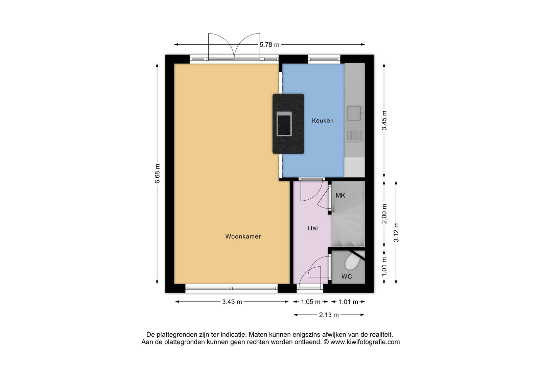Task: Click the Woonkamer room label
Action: pyautogui.click(x=243, y=237)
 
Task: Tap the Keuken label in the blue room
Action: pyautogui.click(x=323, y=120)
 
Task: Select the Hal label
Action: pyautogui.click(x=313, y=228)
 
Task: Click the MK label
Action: pyautogui.click(x=340, y=195)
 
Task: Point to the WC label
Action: pyautogui.click(x=347, y=276)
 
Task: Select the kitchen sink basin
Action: pyautogui.click(x=354, y=113)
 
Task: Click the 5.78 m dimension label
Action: pyautogui.click(x=269, y=45)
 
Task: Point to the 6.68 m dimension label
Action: pyautogui.click(x=158, y=174)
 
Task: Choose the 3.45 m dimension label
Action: pyautogui.click(x=384, y=120)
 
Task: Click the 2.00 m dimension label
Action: pyautogui.click(x=384, y=214)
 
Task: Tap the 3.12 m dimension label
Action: pyautogui.click(x=396, y=232)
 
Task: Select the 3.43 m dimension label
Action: pyautogui.click(x=232, y=302)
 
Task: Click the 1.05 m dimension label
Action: pyautogui.click(x=311, y=302)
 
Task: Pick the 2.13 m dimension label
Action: pyautogui.click(x=329, y=315)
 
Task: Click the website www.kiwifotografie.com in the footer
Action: pyautogui.click(x=365, y=342)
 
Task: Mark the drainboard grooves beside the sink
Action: pyautogui.click(x=355, y=135)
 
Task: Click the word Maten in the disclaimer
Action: pyautogui.click(x=258, y=335)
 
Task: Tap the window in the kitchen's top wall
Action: pyautogui.click(x=324, y=59)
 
